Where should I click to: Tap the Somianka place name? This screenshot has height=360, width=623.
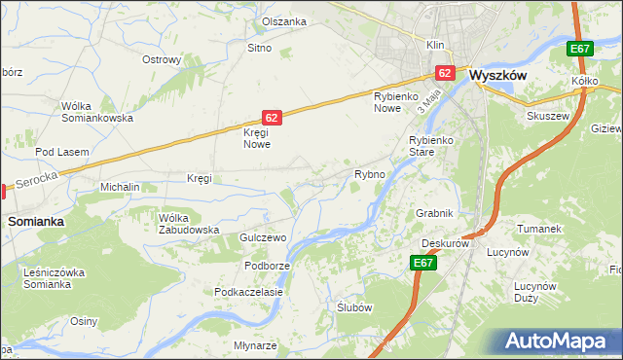click(36, 222)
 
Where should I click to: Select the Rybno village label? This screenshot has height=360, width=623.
click(370, 175)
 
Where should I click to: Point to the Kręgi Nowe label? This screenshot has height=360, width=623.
click(256, 138)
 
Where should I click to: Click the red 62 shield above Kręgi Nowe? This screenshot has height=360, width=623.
click(272, 117)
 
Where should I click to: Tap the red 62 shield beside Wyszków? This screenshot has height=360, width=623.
click(445, 72)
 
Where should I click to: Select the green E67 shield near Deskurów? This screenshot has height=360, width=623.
click(422, 263)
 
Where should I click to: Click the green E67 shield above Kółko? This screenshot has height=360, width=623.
click(580, 50)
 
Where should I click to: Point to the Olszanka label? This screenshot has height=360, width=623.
click(284, 21)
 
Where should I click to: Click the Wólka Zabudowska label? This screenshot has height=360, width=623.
click(189, 224)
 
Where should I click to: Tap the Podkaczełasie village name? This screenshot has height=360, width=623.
click(248, 292)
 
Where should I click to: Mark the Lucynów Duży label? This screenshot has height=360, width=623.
click(534, 293)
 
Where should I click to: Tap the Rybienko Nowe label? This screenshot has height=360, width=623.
click(395, 102)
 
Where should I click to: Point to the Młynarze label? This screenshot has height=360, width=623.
click(255, 346)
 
